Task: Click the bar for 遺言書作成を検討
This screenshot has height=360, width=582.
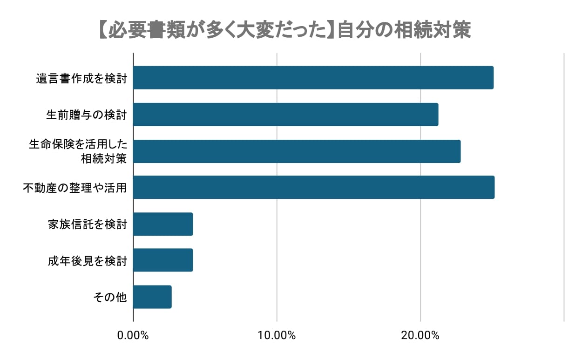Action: coord(313,78)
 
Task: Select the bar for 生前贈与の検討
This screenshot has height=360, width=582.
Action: coord(286,115)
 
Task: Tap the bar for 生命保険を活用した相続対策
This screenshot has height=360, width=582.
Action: coord(297,151)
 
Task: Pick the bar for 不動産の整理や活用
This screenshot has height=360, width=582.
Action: coord(314,187)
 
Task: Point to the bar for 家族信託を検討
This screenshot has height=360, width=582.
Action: coord(163,224)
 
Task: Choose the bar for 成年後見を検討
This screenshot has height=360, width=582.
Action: coord(163,260)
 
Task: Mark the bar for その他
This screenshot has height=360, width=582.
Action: coord(152,297)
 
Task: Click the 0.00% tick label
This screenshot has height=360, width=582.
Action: coord(134,335)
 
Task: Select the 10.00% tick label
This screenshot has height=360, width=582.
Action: coord(277,335)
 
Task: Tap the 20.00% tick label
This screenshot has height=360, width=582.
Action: coord(420,335)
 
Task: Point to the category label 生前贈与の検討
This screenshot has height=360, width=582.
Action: coord(87,115)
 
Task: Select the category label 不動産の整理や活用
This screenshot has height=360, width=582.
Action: coord(75,188)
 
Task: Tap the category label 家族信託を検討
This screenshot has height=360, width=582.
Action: coord(87,224)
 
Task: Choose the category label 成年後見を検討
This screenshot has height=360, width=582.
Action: coord(87,261)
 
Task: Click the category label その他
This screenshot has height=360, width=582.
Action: coord(110,297)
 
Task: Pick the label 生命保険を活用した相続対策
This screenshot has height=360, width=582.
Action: coord(78,151)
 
